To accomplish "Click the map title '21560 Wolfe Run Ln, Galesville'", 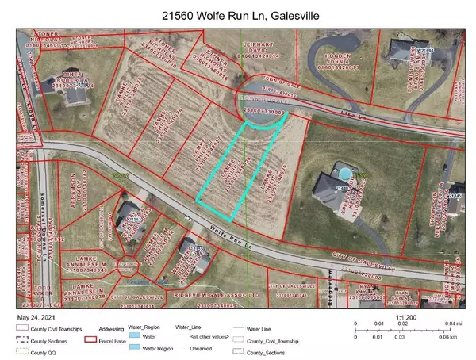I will [x=237, y=13].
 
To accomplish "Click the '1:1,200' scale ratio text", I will [x=405, y=316].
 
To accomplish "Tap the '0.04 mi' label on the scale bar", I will [x=451, y=325].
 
